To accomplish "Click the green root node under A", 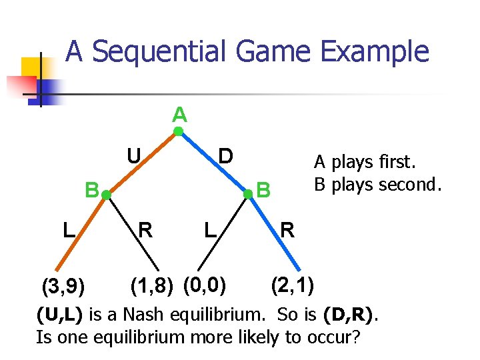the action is tap(179, 131).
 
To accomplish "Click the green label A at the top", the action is tap(179, 115).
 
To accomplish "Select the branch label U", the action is tap(133, 156).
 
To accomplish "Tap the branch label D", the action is tap(226, 156).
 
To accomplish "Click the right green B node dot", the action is tap(247, 194).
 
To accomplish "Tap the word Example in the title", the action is tap(388, 51).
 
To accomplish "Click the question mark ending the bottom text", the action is tap(357, 337).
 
